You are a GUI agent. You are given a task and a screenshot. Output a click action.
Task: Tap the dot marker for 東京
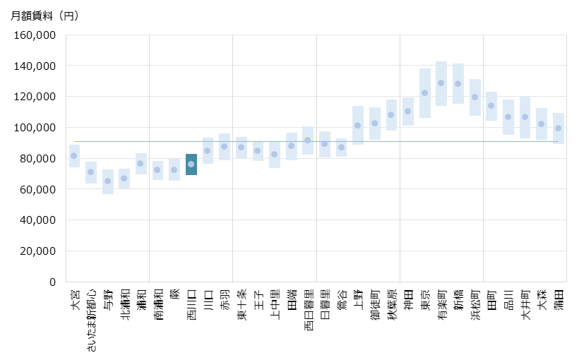(x=425, y=92)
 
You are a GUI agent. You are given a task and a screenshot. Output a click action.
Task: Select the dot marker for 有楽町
(x=441, y=83)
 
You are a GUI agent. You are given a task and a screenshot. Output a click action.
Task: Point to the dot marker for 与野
(x=108, y=181)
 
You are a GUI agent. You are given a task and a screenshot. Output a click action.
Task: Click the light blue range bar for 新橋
(x=458, y=83)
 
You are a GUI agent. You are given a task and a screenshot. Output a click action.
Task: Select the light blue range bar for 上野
(x=358, y=125)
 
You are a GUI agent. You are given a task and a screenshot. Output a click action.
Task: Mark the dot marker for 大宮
(x=74, y=155)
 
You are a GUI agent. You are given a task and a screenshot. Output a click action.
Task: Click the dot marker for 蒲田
(x=559, y=128)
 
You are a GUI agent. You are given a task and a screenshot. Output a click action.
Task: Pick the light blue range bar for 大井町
(x=525, y=117)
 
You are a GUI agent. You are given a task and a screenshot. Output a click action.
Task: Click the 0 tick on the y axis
(x=52, y=282)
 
